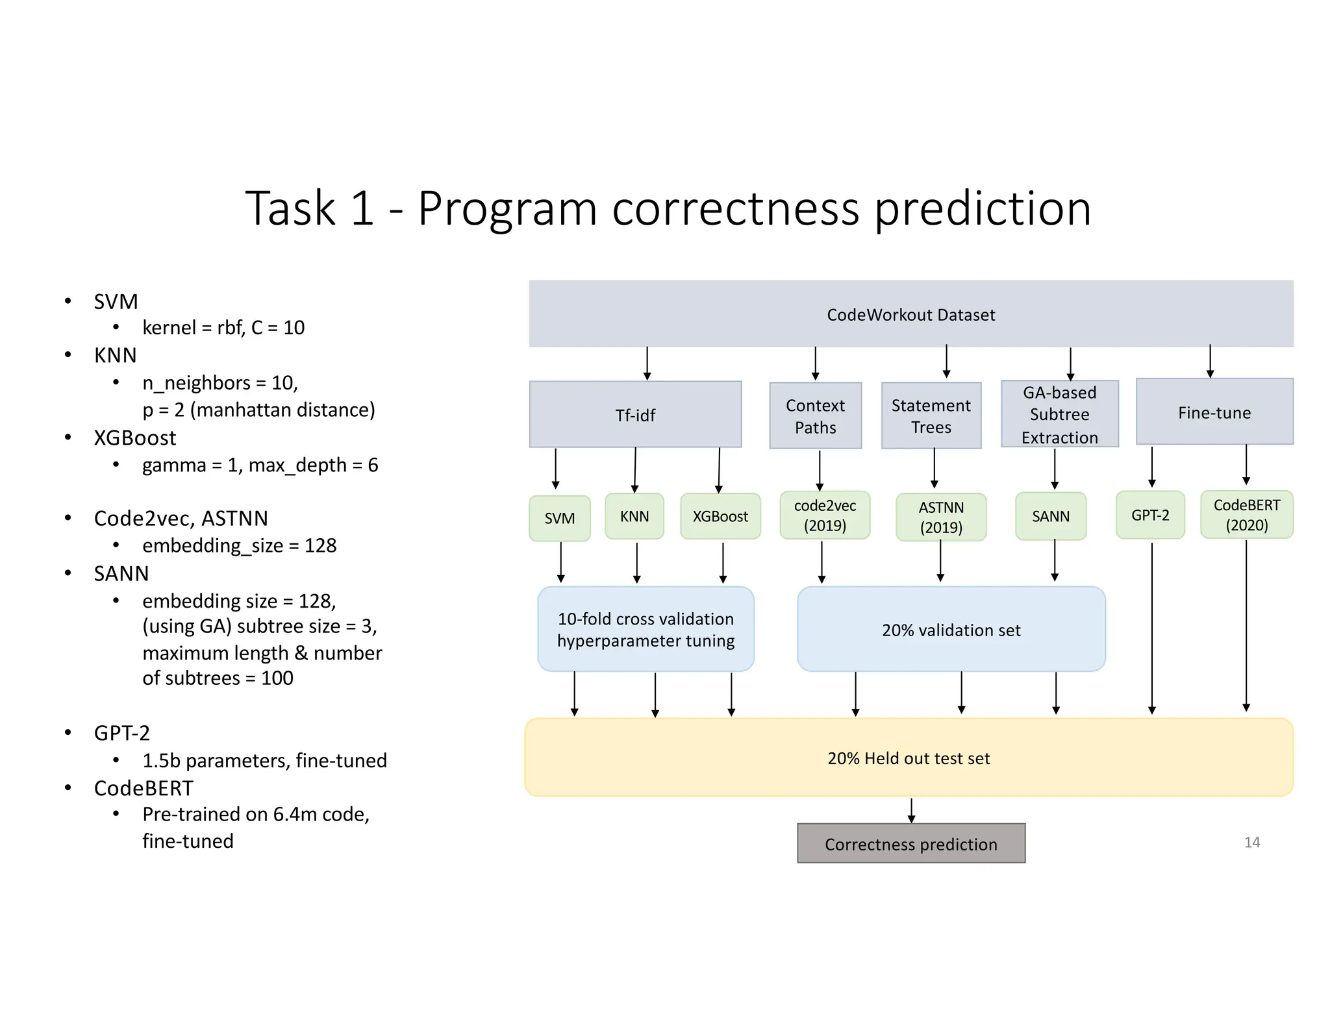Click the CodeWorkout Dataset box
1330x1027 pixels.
tap(910, 314)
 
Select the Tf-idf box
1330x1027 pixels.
tap(635, 415)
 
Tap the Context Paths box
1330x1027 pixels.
tap(815, 415)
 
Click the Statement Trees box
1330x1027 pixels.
tap(931, 415)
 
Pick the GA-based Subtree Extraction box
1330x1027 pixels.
tap(1059, 414)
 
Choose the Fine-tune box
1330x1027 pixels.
tap(1214, 412)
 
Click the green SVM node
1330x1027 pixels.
tap(559, 518)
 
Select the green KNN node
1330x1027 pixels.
tap(634, 516)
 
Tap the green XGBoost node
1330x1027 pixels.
tap(720, 516)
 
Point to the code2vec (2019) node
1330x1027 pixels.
tap(824, 515)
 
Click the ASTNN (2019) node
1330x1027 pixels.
tap(940, 517)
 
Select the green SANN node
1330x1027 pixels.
tap(1050, 516)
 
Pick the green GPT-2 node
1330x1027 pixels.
tap(1149, 515)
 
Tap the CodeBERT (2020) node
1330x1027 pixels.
tap(1246, 515)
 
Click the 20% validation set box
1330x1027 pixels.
tap(951, 630)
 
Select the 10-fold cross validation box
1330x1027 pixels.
tap(646, 629)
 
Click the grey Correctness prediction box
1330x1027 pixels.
tap(910, 843)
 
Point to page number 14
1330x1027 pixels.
tap(1251, 842)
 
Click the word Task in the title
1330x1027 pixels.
tap(290, 208)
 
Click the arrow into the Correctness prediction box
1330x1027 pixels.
tap(911, 811)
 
